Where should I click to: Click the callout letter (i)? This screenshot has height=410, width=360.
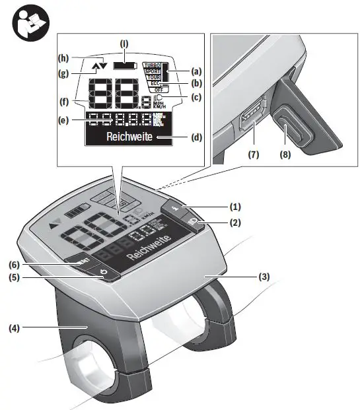[124, 45]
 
